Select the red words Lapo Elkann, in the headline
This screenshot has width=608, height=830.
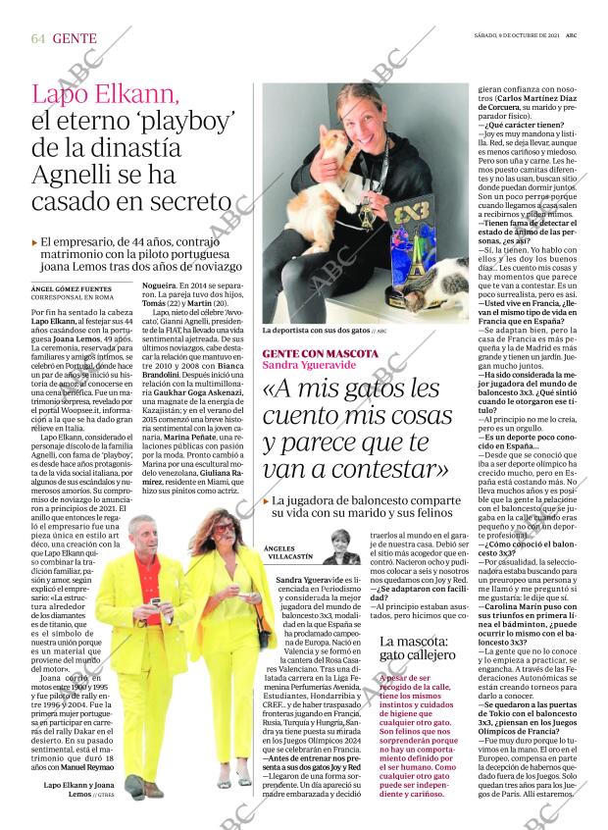pyautogui.click(x=107, y=95)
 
